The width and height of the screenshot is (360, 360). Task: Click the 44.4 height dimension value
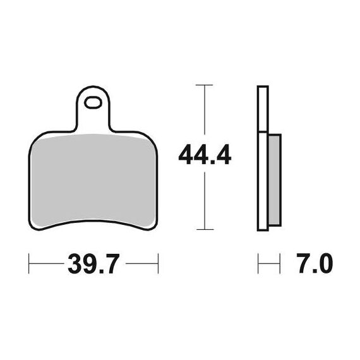[205, 154]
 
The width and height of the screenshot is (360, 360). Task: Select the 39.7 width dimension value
[93, 263]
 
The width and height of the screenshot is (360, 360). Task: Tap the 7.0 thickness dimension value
[315, 263]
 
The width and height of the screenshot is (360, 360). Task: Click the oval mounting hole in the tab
[93, 102]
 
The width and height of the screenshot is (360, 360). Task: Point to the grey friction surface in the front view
[93, 179]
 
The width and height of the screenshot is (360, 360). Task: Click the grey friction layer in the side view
[274, 180]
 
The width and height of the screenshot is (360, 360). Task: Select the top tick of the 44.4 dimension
[205, 85]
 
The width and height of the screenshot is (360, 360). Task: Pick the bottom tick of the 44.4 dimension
[205, 229]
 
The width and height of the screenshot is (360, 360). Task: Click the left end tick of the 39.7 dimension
[28, 263]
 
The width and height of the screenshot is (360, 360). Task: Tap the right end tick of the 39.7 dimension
[158, 263]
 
